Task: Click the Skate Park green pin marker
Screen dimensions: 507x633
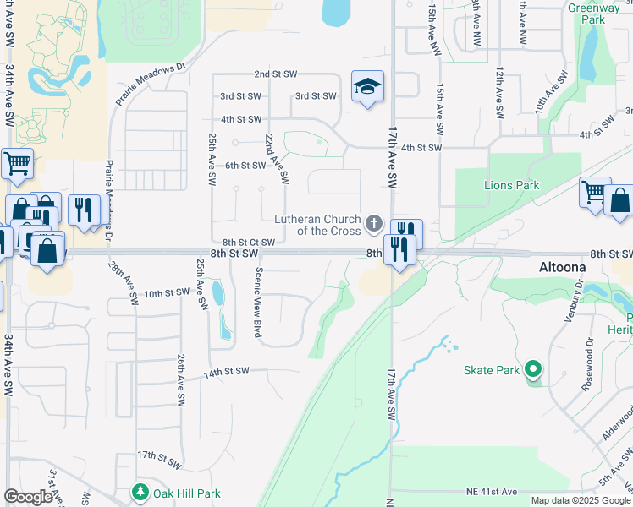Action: click(x=532, y=369)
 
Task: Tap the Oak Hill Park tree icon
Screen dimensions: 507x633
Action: click(x=140, y=493)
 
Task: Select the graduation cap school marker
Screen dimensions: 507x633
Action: click(x=367, y=87)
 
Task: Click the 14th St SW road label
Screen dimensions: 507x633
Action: click(x=225, y=371)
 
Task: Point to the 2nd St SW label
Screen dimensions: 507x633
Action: click(x=275, y=74)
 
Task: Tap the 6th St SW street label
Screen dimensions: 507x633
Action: click(x=245, y=166)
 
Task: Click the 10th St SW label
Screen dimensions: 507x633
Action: click(x=166, y=294)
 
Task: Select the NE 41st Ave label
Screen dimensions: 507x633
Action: click(x=491, y=492)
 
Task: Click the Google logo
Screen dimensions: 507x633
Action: click(x=28, y=497)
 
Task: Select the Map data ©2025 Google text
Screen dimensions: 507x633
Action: click(x=581, y=500)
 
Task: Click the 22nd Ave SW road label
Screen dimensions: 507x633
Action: click(x=276, y=159)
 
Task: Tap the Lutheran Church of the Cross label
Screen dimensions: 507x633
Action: click(x=317, y=225)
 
